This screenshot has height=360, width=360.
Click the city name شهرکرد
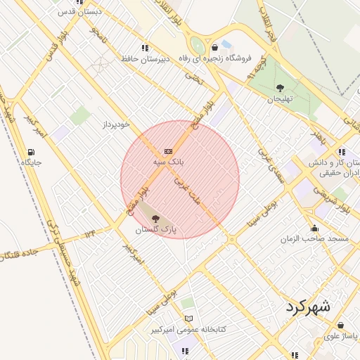pos(308,307)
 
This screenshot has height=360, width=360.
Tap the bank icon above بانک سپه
pos(168,151)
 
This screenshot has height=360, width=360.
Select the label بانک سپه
pos(168,162)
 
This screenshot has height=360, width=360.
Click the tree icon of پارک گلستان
pos(155,219)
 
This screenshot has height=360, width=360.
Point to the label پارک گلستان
pos(155,230)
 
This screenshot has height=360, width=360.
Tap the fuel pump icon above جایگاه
pos(31,153)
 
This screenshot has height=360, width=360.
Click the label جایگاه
pos(32,163)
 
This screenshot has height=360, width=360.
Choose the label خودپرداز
pos(115,124)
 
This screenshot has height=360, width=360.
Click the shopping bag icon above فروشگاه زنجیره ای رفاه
pos(214,48)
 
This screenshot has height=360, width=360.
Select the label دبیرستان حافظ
pos(146,59)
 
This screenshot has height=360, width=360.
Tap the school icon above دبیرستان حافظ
pos(145,48)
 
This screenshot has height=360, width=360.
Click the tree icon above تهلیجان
pos(281,88)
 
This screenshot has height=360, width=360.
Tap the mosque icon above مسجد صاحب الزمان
pos(314,228)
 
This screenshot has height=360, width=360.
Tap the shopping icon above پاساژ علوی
pos(341,326)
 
